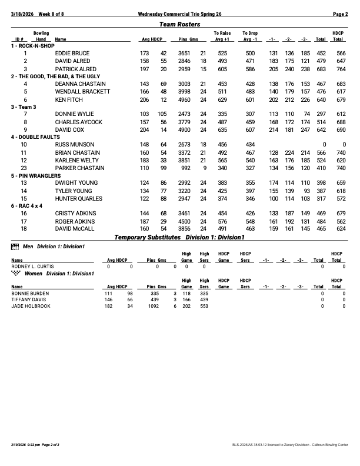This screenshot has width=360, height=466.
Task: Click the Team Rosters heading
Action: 180,24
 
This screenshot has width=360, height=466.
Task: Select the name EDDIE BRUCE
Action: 72,54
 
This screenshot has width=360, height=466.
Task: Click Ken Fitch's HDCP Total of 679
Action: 338,99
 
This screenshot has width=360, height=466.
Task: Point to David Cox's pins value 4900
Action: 184,129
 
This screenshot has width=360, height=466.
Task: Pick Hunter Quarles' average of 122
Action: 144,198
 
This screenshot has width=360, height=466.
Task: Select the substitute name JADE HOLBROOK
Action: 31,306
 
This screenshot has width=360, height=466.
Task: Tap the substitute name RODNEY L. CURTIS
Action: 32,266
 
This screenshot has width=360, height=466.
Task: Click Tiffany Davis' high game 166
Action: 186,299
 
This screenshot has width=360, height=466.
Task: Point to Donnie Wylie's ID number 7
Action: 25,114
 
